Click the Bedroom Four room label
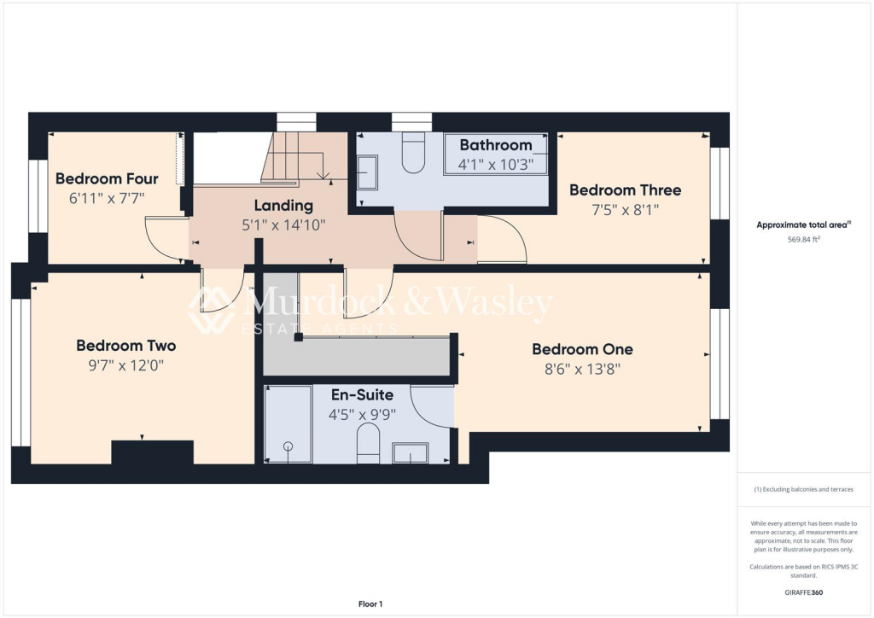(x=107, y=179)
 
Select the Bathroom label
(x=496, y=145)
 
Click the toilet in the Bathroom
(x=413, y=154)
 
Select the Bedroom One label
(x=582, y=349)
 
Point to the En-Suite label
(x=362, y=395)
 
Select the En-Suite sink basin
(x=410, y=452)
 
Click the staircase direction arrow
(x=323, y=175)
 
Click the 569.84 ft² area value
(x=802, y=240)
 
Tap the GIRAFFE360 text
(x=802, y=592)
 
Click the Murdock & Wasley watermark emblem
(x=212, y=310)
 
